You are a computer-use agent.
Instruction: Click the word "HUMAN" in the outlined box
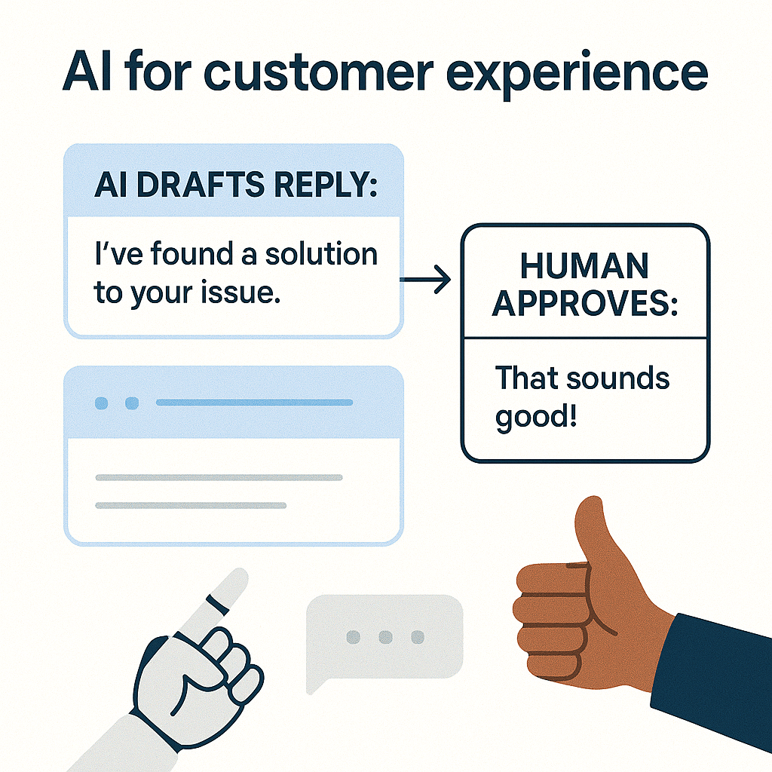(584, 266)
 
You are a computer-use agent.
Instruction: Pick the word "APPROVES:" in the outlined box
(584, 305)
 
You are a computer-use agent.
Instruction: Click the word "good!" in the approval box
(536, 416)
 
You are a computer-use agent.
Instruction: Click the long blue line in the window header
(254, 403)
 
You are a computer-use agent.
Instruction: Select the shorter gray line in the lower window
(191, 505)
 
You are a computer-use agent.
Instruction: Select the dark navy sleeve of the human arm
(716, 671)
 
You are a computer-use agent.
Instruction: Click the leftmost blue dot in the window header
(101, 403)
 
